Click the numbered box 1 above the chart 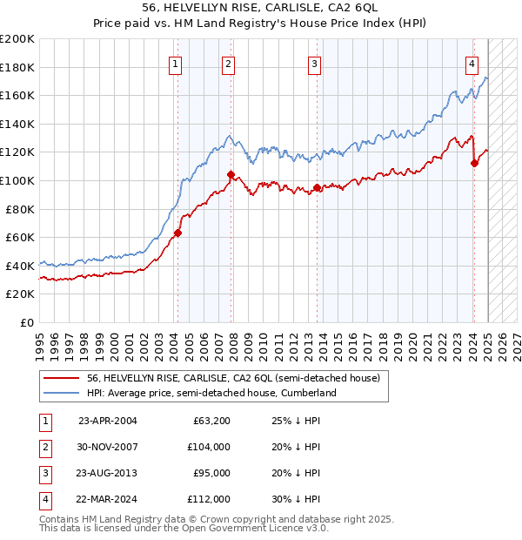coord(176,63)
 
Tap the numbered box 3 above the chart coord(314,63)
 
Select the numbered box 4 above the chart coord(471,63)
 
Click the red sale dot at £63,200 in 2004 coord(177,233)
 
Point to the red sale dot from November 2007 coord(231,174)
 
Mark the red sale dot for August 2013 coord(317,187)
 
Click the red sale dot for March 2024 coord(474,163)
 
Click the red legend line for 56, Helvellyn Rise coord(63,379)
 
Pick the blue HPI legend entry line coord(63,394)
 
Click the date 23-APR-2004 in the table coord(107,421)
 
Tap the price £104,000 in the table coord(209,447)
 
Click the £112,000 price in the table coord(209,499)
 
